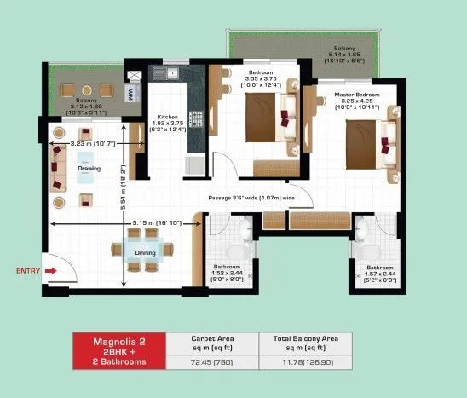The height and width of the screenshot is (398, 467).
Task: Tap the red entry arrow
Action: coord(51,271)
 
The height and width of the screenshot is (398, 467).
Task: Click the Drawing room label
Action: coord(89,168)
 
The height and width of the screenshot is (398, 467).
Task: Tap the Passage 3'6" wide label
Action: coord(252,198)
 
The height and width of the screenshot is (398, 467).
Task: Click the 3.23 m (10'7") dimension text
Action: coord(93,143)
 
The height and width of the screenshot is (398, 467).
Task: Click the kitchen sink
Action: coord(173,73)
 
